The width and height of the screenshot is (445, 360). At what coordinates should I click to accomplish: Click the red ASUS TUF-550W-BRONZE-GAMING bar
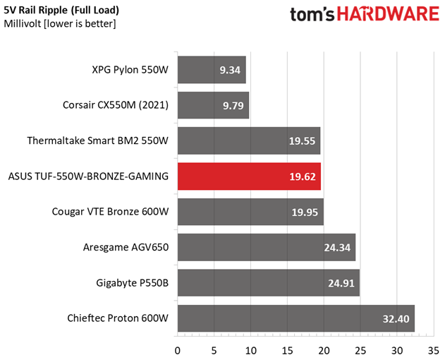(249, 176)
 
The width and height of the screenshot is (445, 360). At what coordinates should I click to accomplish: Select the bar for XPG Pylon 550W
(212, 70)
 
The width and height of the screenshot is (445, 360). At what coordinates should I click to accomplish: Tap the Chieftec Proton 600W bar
(295, 318)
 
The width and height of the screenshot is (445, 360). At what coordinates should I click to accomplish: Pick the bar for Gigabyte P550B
(268, 283)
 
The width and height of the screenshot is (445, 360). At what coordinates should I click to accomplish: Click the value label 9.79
(231, 106)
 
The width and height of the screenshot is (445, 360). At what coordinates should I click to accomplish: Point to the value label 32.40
(396, 319)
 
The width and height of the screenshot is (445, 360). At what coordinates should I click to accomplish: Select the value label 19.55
(302, 141)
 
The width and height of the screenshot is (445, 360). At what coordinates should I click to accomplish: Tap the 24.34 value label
(337, 248)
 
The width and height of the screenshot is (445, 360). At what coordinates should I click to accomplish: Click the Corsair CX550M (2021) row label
(116, 105)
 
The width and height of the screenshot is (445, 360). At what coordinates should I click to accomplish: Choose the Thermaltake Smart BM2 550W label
(98, 140)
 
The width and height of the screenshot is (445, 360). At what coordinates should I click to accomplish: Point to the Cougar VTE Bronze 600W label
(111, 212)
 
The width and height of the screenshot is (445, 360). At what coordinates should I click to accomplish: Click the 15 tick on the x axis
(287, 349)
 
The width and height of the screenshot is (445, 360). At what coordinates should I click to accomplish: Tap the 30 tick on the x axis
(397, 349)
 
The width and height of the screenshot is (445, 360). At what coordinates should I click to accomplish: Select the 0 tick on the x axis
(177, 349)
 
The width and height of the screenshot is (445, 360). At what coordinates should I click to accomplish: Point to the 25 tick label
(360, 349)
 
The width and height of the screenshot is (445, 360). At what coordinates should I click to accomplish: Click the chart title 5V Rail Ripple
(61, 11)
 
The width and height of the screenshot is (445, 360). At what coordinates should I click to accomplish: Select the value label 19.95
(305, 212)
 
